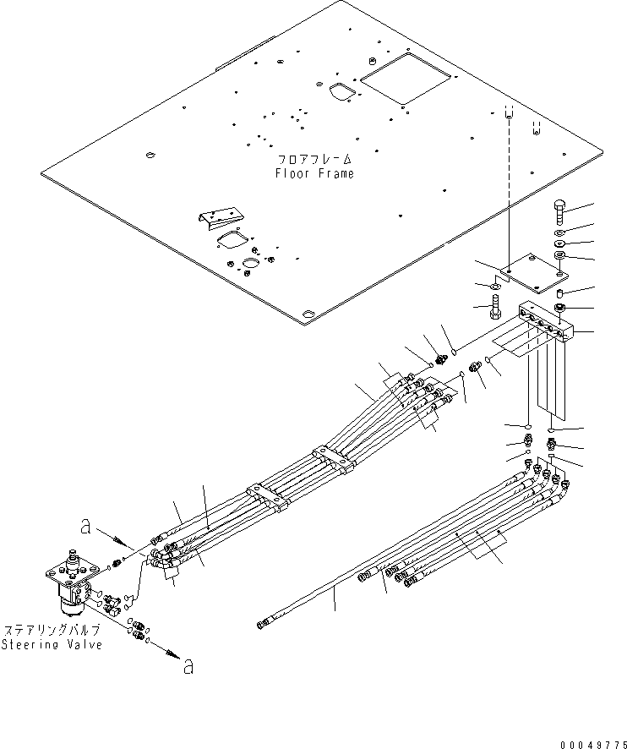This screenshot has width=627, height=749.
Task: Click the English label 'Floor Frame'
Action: tap(314, 173)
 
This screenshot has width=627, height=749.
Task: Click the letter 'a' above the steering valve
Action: tap(85, 526)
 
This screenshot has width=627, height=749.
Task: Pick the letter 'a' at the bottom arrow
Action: tap(188, 667)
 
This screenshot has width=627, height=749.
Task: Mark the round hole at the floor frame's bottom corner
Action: tap(307, 314)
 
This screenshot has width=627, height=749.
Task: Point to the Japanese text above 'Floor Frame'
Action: tap(314, 159)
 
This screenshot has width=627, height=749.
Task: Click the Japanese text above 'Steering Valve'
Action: tap(52, 630)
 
